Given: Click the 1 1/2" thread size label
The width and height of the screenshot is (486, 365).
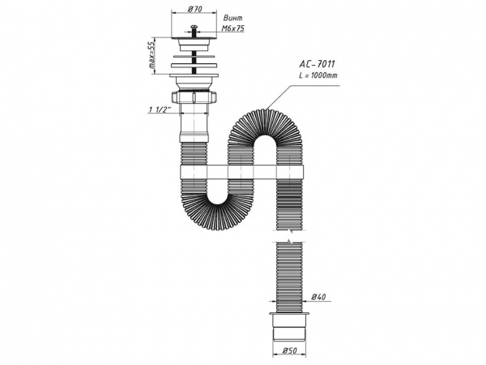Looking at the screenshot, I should click(158, 109).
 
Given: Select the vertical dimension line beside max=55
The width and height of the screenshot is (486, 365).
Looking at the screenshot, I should click(160, 57).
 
